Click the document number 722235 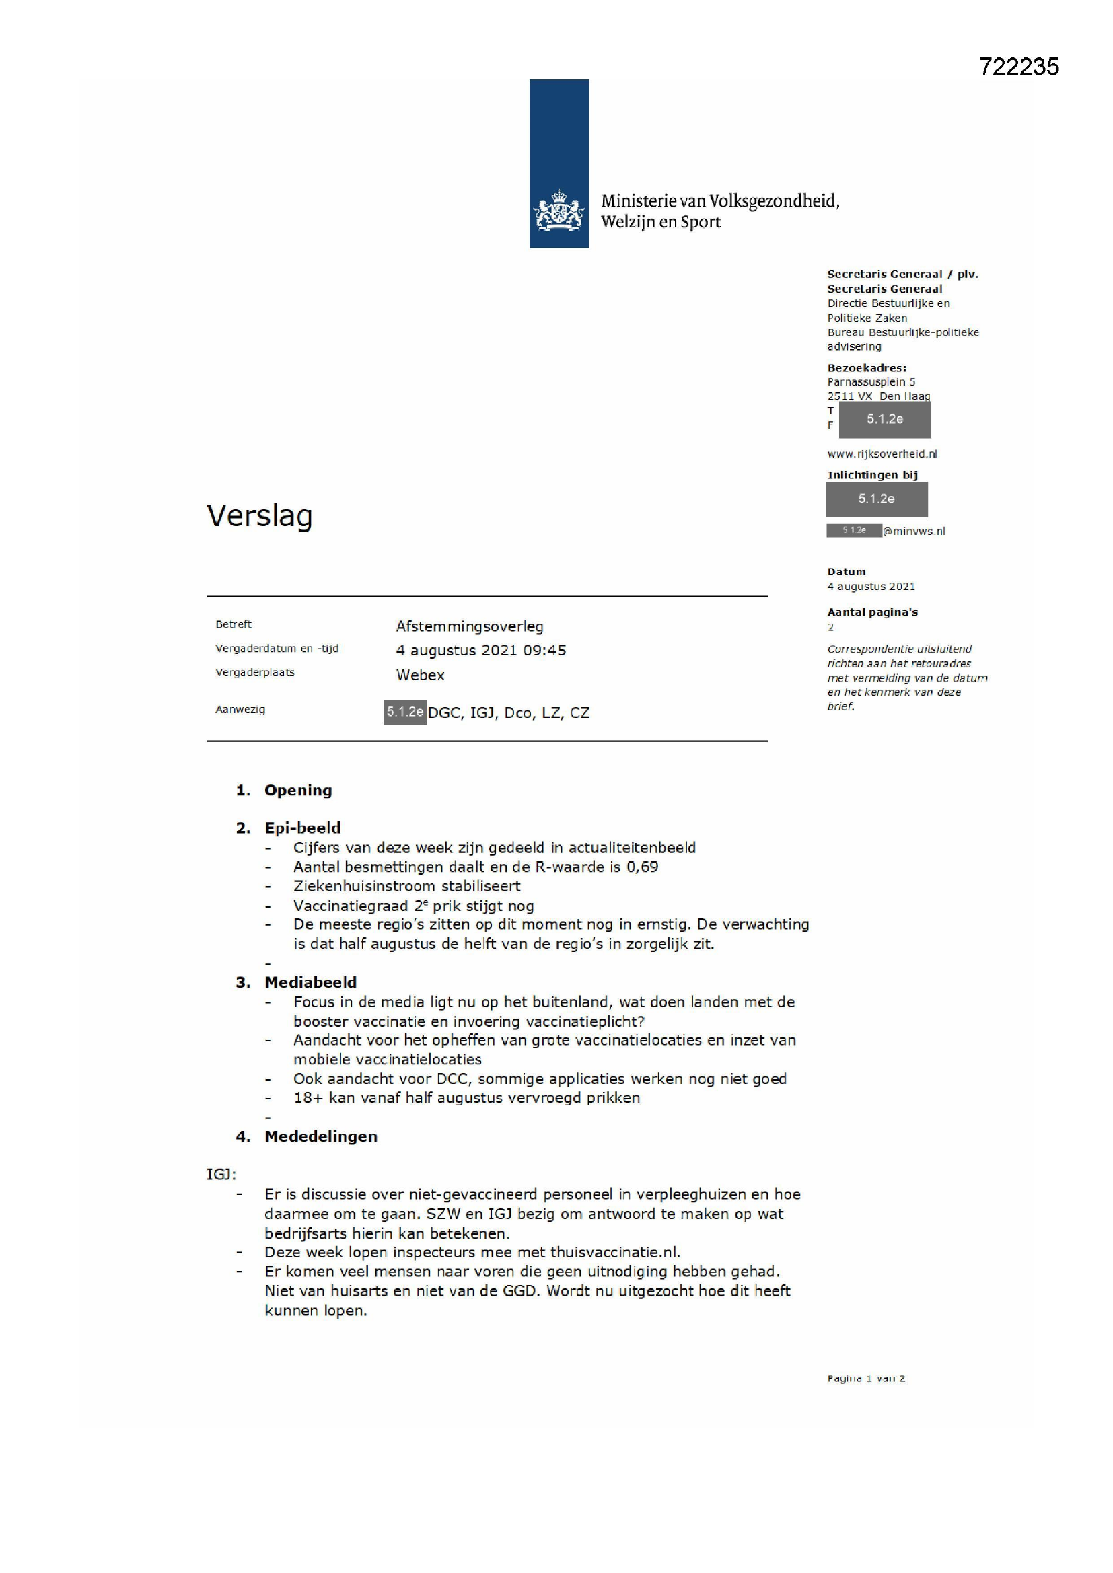pos(1018,67)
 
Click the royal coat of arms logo pos(559,211)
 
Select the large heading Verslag pos(260,516)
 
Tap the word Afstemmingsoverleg pos(470,626)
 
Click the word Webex pos(420,675)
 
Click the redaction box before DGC pos(404,712)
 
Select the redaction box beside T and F pos(884,419)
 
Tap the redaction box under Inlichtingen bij pos(876,499)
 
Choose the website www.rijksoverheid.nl pos(882,453)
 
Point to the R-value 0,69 pos(642,867)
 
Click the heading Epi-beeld pos(302,828)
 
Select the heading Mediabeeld pos(310,982)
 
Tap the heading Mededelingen pos(321,1136)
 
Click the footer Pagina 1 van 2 pos(865,1379)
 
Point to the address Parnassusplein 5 pos(870,381)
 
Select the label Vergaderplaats pos(255,673)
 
